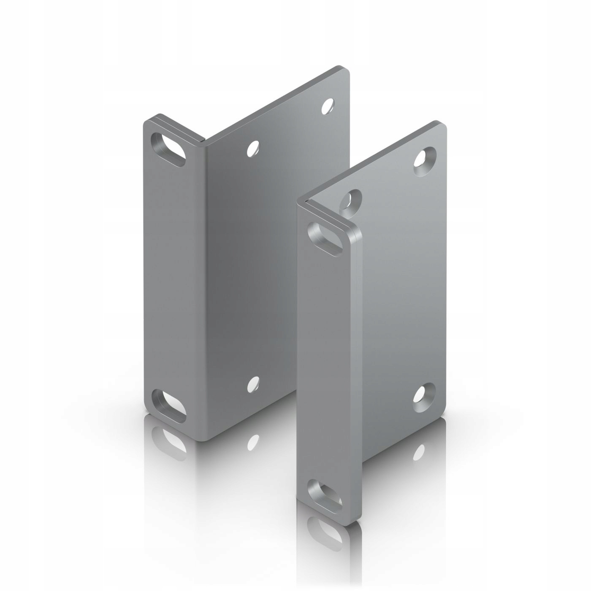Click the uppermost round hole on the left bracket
[328, 106]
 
